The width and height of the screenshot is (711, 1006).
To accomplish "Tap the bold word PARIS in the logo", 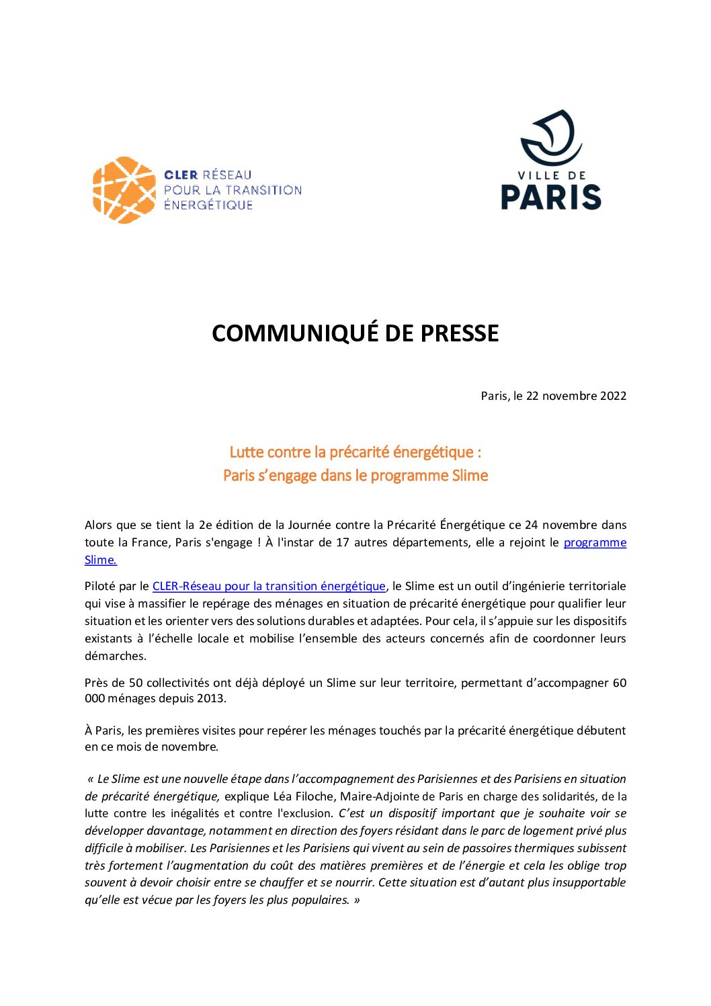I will coord(551,197).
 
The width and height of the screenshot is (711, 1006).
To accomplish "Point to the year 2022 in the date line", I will coord(613,396).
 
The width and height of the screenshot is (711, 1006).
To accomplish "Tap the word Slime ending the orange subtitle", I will coord(470,476).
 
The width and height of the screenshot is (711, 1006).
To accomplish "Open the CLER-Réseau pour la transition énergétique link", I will coord(269,586).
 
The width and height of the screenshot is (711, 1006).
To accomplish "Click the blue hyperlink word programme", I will coord(595,542).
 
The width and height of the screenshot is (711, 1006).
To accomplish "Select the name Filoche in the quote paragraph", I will coord(314,796).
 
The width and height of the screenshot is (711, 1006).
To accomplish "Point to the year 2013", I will coord(211,698).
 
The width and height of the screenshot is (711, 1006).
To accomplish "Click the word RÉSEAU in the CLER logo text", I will coord(227,175).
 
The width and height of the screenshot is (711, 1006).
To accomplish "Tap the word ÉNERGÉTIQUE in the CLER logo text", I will coord(208,205).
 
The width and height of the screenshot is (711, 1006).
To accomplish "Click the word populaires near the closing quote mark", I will coord(319,900).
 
